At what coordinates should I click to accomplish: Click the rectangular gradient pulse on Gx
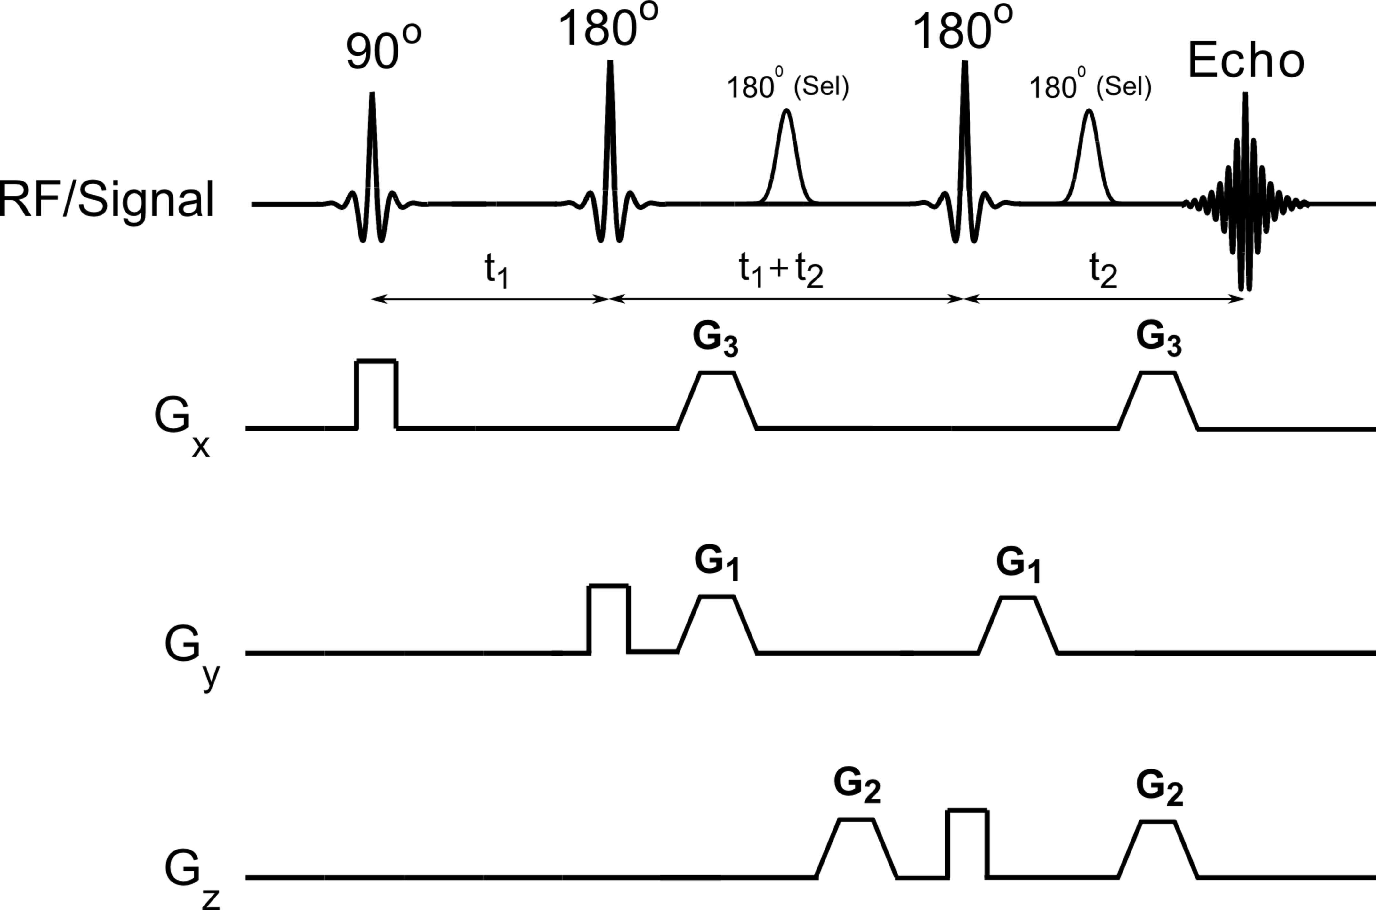point(376,395)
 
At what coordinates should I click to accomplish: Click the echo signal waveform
point(1245,197)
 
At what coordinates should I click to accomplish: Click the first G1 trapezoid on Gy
point(717,624)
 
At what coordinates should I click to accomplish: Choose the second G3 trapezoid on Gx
point(1158,400)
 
